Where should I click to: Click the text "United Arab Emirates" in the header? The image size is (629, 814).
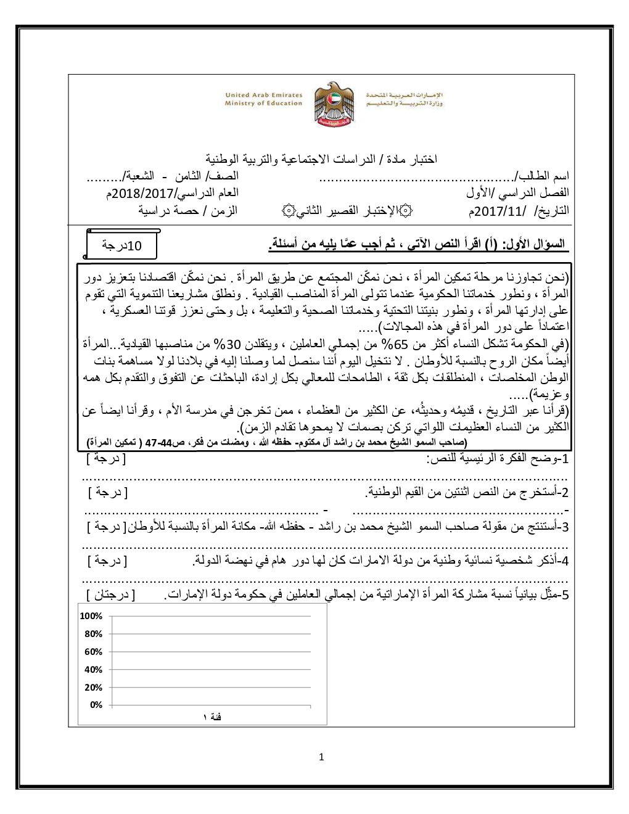click(263, 95)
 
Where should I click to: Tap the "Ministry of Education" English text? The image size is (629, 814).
click(263, 104)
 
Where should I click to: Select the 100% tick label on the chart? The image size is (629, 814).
click(91, 616)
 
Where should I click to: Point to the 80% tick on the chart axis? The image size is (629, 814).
click(94, 634)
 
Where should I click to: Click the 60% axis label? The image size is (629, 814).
click(94, 652)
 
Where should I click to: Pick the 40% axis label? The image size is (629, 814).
click(94, 670)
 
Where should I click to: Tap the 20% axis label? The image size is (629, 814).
click(94, 688)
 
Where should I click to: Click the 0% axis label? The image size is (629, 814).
click(96, 705)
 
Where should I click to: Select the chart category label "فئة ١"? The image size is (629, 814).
click(212, 717)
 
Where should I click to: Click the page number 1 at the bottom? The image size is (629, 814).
click(321, 757)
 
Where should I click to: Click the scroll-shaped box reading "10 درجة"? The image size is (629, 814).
click(121, 245)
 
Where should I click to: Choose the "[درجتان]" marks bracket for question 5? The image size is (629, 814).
click(111, 595)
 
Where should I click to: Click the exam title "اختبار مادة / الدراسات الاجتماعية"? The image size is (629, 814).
click(321, 159)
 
